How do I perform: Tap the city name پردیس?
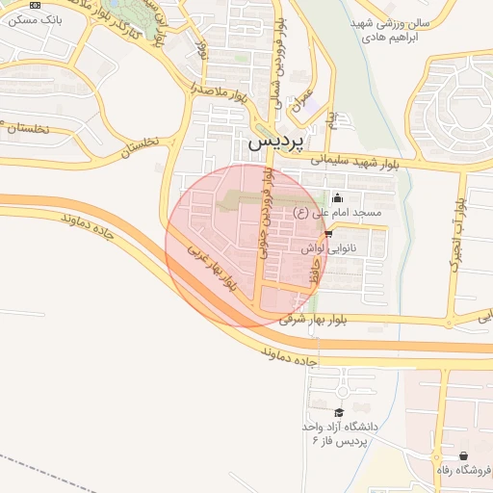[x=276, y=141]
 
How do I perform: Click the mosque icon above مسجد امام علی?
[x=336, y=199]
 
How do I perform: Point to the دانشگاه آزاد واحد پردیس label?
[x=342, y=430]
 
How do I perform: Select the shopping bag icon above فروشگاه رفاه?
[x=464, y=455]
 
